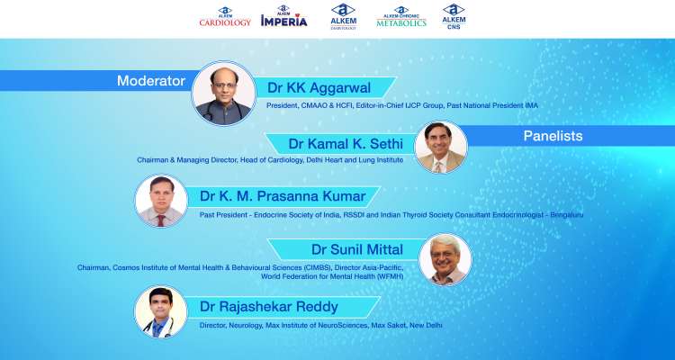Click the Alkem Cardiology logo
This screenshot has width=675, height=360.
click(225, 17)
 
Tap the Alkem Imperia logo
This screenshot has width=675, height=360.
click(284, 16)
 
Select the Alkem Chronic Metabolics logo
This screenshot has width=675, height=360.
click(401, 17)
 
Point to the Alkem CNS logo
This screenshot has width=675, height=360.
click(454, 16)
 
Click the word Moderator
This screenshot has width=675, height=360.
click(151, 81)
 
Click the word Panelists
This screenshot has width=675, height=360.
click(553, 136)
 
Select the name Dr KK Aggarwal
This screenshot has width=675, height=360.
click(319, 88)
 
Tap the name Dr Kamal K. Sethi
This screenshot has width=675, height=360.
click(346, 144)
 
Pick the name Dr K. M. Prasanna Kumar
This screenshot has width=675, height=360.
click(283, 196)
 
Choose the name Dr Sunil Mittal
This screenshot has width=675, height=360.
click(357, 249)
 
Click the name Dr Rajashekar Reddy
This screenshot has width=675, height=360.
click(269, 307)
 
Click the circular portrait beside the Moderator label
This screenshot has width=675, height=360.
click(224, 94)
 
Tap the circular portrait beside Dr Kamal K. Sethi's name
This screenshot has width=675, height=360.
click(441, 147)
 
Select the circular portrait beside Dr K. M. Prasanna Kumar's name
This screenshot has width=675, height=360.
click(161, 201)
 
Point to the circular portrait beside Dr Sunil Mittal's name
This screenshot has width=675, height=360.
click(445, 259)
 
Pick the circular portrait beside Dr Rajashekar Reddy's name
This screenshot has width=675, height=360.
click(161, 311)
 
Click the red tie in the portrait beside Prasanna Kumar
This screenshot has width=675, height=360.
click(161, 220)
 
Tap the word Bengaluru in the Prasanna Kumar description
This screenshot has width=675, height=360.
click(567, 214)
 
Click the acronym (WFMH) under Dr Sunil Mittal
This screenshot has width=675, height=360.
click(390, 276)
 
